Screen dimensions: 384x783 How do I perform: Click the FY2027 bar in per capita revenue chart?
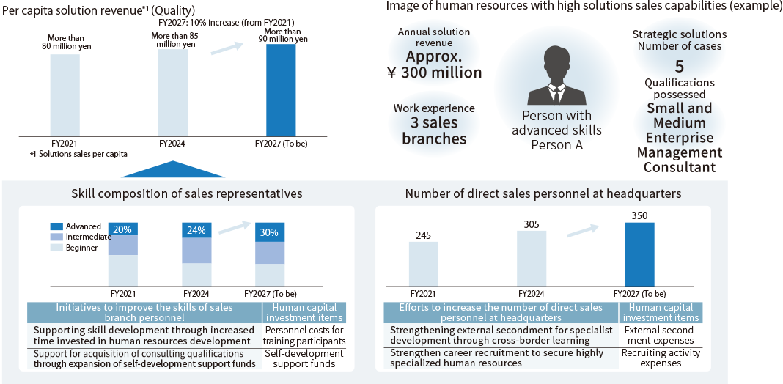(x=281, y=89)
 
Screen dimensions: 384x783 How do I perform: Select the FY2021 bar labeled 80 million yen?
(x=65, y=95)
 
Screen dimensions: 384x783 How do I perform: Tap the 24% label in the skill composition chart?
(x=196, y=230)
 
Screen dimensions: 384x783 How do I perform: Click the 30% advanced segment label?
(x=270, y=232)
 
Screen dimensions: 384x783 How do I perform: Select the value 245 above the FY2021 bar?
(x=424, y=235)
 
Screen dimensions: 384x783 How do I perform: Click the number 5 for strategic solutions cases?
(x=680, y=67)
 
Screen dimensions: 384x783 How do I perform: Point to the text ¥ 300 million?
(x=434, y=73)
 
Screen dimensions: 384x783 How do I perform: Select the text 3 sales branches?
(x=434, y=130)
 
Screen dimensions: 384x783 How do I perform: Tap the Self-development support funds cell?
(x=304, y=358)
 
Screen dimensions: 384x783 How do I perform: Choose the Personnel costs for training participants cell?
(x=304, y=335)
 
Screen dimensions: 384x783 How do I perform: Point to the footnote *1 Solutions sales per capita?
(x=78, y=154)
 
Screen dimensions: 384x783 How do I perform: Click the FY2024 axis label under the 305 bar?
(x=532, y=292)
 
